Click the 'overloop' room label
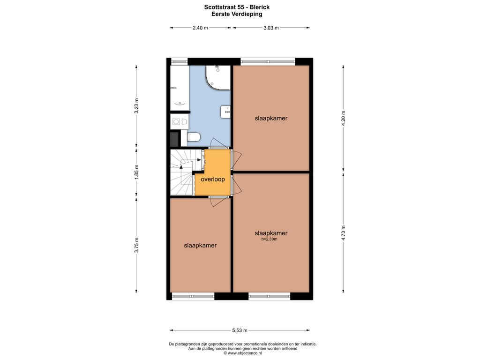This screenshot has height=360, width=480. tap(213, 180)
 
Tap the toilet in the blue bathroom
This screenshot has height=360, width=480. tap(194, 137)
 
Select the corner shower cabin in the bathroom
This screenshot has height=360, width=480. tap(217, 78)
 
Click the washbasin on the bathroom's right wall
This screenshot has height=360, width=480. tap(225, 112)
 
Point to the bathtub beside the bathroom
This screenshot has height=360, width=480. tap(180, 88)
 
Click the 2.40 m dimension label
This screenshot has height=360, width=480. tap(200, 28)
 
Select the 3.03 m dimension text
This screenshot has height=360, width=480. tap(271, 28)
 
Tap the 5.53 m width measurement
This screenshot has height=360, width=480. tap(240, 330)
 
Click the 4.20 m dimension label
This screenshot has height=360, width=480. tap(343, 118)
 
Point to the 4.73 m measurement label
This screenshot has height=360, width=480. tap(343, 233)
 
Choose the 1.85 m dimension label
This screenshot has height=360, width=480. tap(136, 172)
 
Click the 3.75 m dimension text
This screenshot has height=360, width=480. tap(136, 245)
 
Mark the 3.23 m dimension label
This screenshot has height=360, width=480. tap(136, 106)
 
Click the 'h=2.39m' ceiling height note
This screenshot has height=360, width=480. tap(270, 239)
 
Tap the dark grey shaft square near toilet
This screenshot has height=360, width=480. tap(175, 139)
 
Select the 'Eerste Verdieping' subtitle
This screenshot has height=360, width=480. tap(237, 14)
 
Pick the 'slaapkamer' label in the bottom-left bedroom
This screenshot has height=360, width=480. tap(200, 246)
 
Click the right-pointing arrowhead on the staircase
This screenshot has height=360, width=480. tap(200, 159)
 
